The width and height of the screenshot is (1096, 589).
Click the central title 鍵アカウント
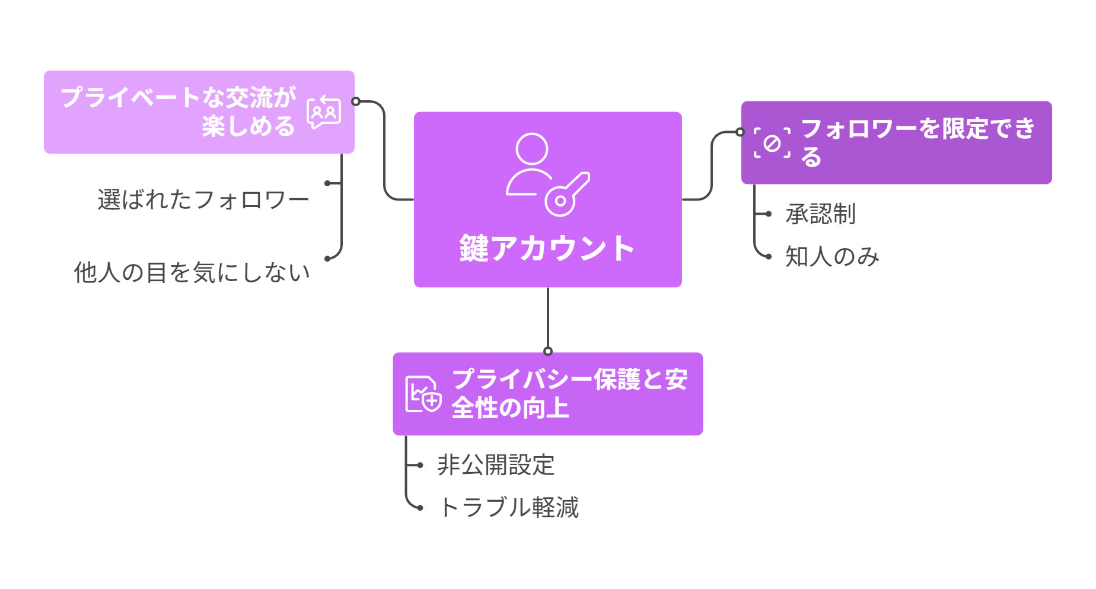coord(547,248)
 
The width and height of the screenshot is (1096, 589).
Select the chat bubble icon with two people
coord(324,112)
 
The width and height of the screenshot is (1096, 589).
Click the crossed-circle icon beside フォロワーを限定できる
coord(772,143)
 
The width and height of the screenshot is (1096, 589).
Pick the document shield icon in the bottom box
coord(423,394)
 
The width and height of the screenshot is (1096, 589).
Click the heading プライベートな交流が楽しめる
coord(178,112)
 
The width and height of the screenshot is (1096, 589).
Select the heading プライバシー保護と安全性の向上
coord(569,393)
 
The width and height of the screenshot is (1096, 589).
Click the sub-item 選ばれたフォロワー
coord(203,200)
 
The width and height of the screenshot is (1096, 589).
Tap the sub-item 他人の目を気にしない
coord(192,272)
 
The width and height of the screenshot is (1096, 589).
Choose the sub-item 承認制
coord(820,214)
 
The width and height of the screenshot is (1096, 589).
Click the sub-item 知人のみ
coord(832,256)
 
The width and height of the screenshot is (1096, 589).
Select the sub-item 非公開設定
coord(496,465)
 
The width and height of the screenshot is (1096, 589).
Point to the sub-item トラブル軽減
coord(508,508)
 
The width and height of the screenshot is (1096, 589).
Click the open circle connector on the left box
coord(356,101)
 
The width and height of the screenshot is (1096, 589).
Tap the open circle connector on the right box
coord(740,132)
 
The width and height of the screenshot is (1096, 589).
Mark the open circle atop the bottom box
coord(548,351)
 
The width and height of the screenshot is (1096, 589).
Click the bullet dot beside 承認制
coord(769,214)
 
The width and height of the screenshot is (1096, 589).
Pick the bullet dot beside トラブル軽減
coord(420,508)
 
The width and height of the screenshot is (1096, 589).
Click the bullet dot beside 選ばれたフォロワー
coord(327,183)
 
